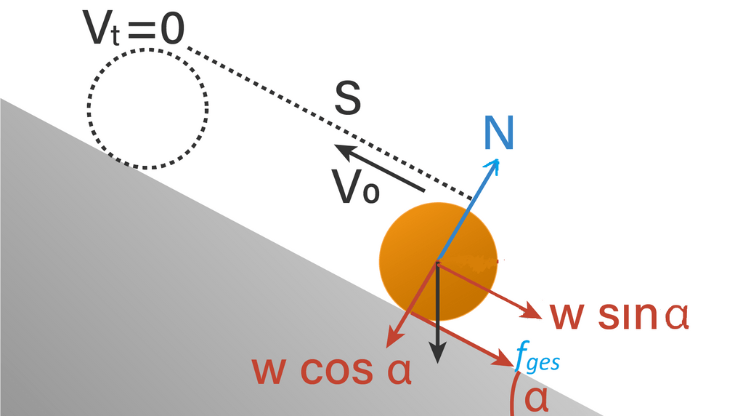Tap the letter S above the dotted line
click(347, 100)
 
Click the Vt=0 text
click(134, 30)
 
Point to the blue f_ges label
click(537, 359)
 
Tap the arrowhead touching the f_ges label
click(508, 359)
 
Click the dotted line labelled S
click(327, 121)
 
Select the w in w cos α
click(270, 370)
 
